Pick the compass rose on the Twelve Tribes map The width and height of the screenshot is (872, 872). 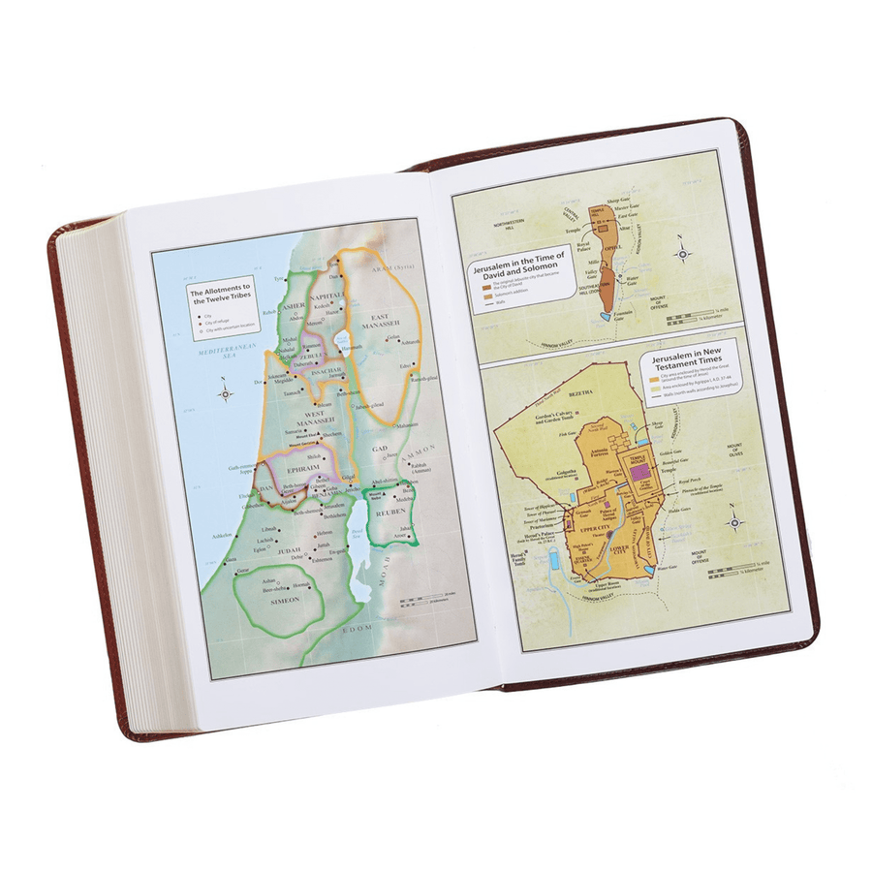(x=225, y=392)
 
